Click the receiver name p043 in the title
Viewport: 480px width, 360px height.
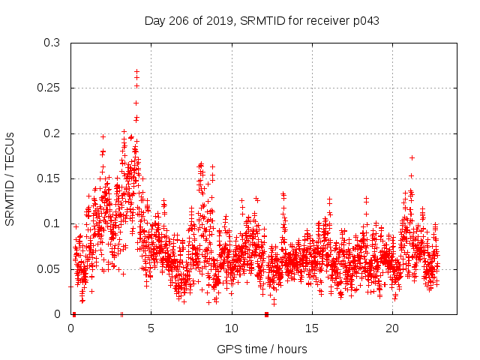364,21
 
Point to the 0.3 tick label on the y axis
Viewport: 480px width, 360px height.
52,43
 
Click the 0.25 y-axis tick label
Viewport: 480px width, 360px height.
49,88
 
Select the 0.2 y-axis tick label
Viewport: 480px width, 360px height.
52,133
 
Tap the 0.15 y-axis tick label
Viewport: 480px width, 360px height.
49,178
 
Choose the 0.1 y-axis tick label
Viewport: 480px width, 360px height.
52,223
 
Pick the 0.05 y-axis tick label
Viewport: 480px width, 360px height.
49,268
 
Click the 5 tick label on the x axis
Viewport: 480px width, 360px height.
151,328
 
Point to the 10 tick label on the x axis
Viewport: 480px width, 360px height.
231,328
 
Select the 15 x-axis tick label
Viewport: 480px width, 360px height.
311,328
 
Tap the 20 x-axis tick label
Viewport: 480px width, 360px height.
391,328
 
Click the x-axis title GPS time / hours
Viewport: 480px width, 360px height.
262,349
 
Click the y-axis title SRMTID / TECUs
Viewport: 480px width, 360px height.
10,178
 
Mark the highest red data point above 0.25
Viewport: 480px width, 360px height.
136,71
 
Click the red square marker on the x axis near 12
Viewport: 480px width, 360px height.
266,314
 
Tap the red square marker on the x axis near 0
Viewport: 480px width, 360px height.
73,314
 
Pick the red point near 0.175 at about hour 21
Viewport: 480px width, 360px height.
412,157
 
